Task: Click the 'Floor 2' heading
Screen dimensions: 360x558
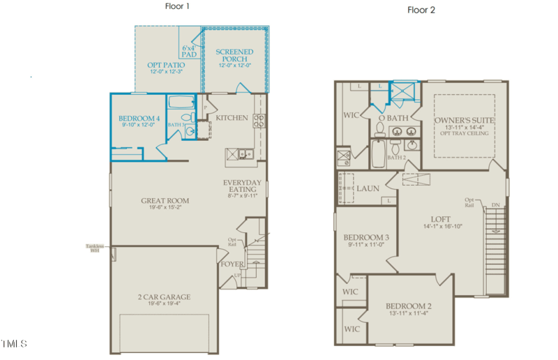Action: coord(422,10)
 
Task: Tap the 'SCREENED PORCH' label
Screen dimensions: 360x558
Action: coord(234,52)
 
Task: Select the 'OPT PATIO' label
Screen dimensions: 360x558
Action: coord(165,65)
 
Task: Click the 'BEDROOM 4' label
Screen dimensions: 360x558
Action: coord(139,119)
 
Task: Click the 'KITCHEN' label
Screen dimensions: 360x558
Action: coord(232,118)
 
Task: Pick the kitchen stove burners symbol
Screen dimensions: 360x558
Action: coord(258,118)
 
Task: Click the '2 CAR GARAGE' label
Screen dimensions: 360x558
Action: coord(164,297)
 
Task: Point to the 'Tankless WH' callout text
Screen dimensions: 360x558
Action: coord(95,248)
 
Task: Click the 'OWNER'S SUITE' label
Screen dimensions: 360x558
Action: coord(465,121)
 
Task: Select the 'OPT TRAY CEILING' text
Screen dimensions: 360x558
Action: coord(465,133)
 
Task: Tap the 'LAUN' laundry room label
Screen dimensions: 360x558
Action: coord(368,188)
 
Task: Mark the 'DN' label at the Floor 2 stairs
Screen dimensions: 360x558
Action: coord(496,204)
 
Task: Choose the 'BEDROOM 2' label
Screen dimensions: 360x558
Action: coord(409,306)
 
